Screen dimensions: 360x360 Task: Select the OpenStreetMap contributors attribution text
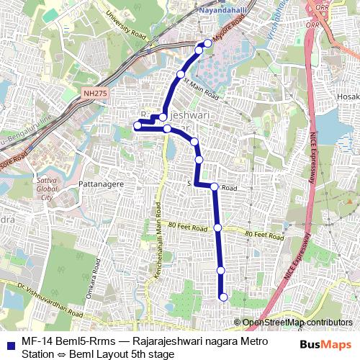(297, 323)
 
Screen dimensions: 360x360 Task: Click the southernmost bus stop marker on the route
(223, 297)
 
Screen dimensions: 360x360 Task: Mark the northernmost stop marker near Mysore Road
(208, 44)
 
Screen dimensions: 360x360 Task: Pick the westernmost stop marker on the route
(138, 126)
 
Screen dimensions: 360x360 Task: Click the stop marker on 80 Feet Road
(218, 228)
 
